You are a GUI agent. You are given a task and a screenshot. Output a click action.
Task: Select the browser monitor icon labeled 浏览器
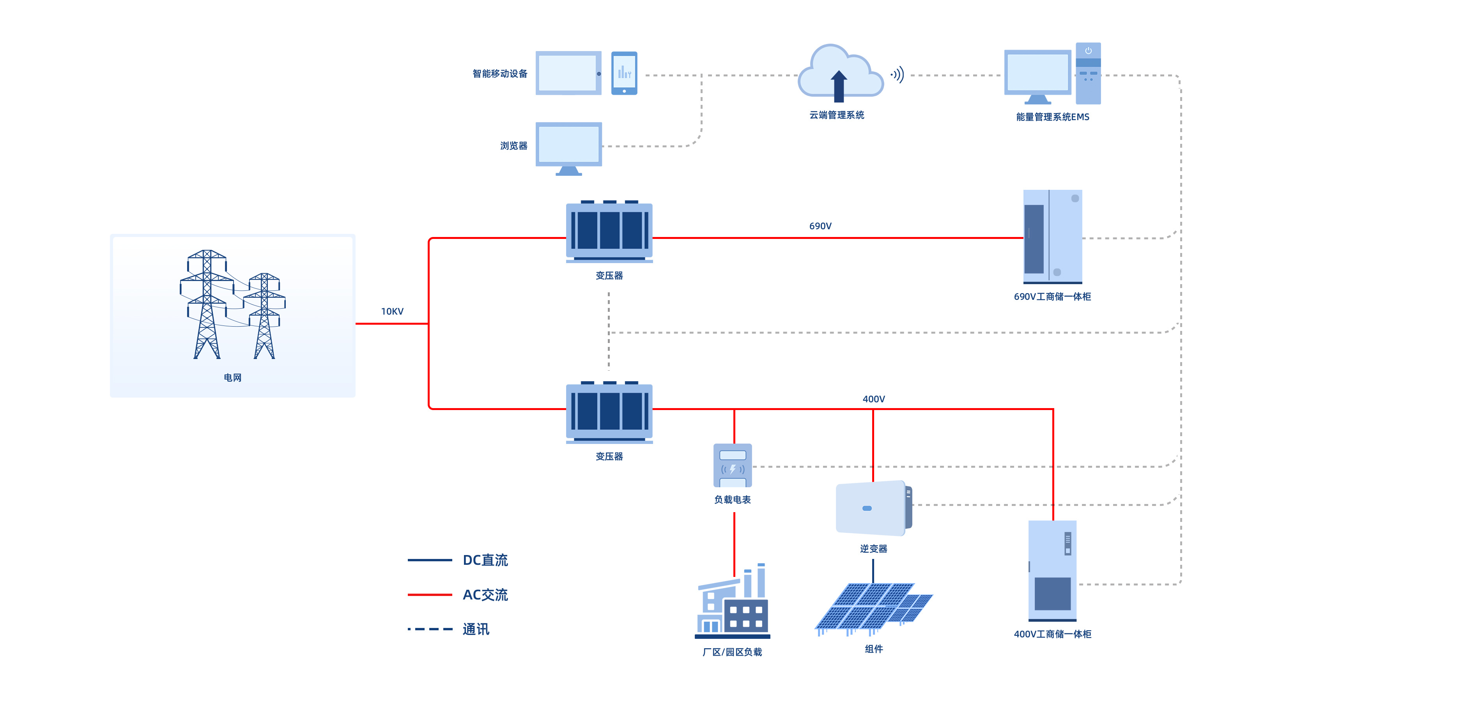click(569, 147)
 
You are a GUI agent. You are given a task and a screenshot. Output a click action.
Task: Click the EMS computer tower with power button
click(1088, 74)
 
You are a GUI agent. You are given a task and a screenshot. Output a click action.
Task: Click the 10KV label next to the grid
click(392, 311)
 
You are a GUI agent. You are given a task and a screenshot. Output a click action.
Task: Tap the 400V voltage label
click(873, 399)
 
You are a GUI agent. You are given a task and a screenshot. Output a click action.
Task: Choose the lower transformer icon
click(609, 412)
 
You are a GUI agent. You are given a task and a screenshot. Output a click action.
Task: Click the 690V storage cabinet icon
click(1053, 237)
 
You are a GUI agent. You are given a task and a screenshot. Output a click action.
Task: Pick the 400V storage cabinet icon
click(1053, 570)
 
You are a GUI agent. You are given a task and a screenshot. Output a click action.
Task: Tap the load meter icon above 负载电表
click(733, 465)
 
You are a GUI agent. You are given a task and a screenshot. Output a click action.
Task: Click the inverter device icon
click(873, 508)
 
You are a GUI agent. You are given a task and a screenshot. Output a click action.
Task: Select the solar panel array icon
click(873, 608)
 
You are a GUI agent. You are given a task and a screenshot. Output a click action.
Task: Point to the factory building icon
click(733, 603)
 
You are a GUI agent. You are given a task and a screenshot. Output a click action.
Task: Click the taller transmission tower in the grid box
click(207, 304)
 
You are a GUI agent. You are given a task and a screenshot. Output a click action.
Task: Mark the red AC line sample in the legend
click(430, 594)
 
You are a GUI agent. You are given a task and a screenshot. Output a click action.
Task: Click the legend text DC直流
click(485, 560)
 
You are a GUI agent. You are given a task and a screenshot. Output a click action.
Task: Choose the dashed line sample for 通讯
click(430, 629)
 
